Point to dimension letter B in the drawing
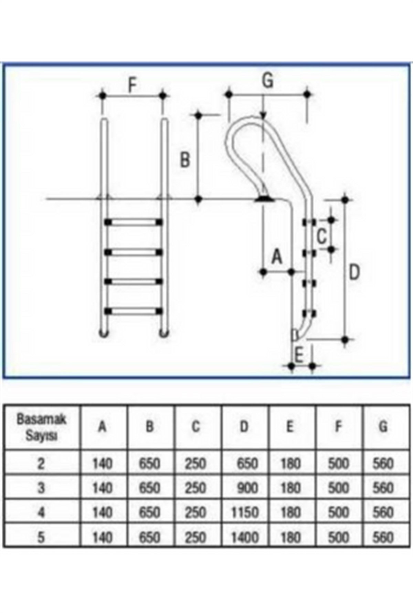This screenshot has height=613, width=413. (x=185, y=160)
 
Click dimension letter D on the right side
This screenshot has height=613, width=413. (x=354, y=272)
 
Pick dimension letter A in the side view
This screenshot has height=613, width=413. (x=277, y=257)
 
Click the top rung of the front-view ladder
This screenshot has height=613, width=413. (x=134, y=222)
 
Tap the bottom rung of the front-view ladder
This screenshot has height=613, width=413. (x=134, y=311)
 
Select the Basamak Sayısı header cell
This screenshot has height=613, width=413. (x=41, y=427)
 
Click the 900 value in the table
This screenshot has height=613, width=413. (x=247, y=488)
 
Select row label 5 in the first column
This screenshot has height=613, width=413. (x=41, y=537)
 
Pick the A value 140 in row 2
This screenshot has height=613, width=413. (x=103, y=464)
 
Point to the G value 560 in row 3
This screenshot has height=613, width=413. (x=383, y=488)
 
